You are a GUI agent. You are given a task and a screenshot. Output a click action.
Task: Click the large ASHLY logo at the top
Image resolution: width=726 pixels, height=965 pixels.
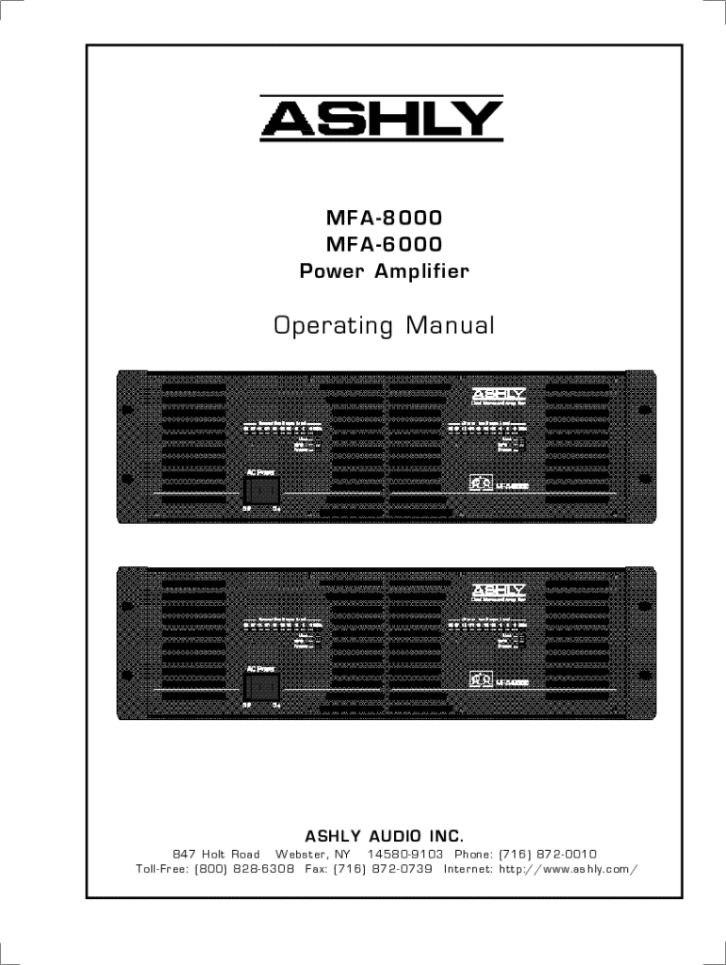pyautogui.click(x=382, y=119)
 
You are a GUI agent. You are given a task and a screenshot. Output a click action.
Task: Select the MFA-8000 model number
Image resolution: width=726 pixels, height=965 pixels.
pyautogui.click(x=384, y=218)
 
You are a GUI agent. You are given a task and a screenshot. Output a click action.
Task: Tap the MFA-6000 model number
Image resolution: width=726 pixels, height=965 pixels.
pyautogui.click(x=384, y=245)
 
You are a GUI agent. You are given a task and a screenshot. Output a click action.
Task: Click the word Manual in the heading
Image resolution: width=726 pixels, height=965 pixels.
pyautogui.click(x=450, y=326)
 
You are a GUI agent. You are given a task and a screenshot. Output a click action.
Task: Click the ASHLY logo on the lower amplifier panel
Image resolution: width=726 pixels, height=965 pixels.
pyautogui.click(x=499, y=591)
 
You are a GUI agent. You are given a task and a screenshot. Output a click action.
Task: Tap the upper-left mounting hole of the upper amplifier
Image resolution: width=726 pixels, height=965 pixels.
pyautogui.click(x=126, y=409)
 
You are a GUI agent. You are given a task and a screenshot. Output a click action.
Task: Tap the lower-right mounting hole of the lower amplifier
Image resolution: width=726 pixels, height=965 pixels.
pyautogui.click(x=645, y=675)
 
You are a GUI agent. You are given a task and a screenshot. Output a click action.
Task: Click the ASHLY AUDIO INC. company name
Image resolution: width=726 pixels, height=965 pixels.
pyautogui.click(x=384, y=836)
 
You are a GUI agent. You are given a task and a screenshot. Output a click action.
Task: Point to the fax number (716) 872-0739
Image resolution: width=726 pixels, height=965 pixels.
pyautogui.click(x=383, y=868)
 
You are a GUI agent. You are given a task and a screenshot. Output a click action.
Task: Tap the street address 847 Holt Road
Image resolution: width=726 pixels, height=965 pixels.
pyautogui.click(x=216, y=854)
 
